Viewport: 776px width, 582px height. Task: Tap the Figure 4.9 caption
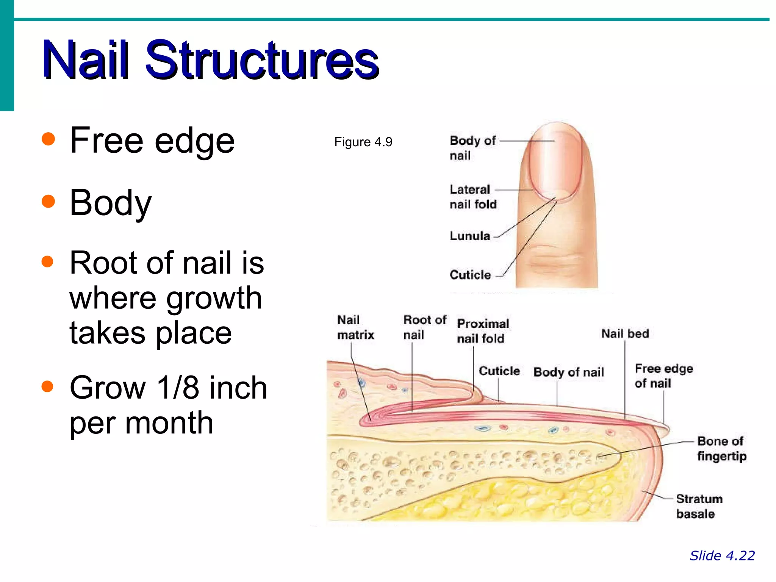(x=363, y=142)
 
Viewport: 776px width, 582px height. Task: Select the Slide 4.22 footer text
(x=722, y=555)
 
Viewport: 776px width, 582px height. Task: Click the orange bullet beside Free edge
(x=48, y=139)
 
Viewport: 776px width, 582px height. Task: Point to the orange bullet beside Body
(x=48, y=201)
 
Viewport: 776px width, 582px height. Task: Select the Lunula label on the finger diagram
(x=469, y=236)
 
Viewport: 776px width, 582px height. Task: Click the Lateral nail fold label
(x=472, y=197)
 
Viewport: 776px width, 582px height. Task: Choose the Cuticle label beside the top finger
(x=470, y=275)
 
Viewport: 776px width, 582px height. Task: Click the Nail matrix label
(x=355, y=327)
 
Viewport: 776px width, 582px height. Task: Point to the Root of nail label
(x=424, y=327)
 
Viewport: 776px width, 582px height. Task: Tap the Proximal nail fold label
(x=483, y=331)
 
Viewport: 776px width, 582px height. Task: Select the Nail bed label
(x=625, y=333)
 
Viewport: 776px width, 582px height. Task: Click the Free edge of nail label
(x=663, y=375)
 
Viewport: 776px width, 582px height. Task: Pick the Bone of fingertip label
(x=721, y=448)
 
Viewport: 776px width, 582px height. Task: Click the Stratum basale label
(x=699, y=506)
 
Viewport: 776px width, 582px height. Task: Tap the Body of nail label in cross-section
(x=568, y=372)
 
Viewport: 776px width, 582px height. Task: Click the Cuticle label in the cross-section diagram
(x=499, y=371)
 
